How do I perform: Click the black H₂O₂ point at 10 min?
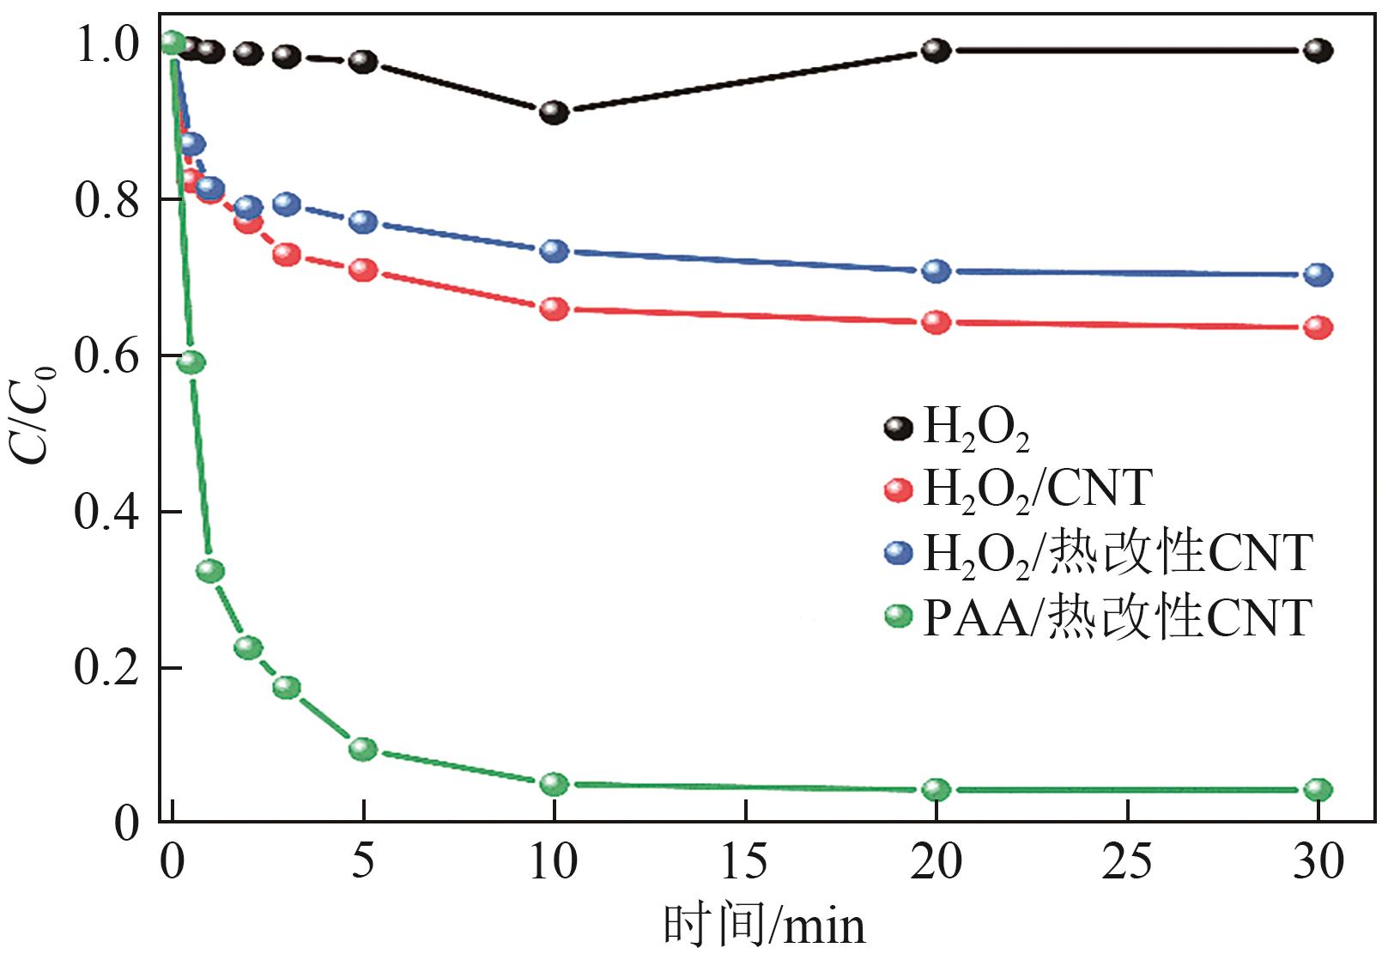click(x=555, y=112)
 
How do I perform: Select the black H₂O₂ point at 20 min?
click(x=936, y=50)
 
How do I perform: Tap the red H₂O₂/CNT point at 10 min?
click(x=555, y=309)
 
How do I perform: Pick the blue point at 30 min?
click(x=1318, y=275)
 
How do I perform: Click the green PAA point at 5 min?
click(x=364, y=749)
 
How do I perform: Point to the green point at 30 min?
click(x=1318, y=790)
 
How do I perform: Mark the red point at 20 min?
click(x=936, y=323)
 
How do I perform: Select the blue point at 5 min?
click(x=364, y=222)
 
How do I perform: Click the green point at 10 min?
click(x=555, y=784)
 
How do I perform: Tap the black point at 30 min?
click(x=1318, y=51)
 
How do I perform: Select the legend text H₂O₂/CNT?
click(x=1037, y=489)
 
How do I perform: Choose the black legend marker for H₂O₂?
click(x=898, y=427)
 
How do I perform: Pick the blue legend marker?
click(x=898, y=552)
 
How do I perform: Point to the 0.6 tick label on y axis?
click(x=106, y=356)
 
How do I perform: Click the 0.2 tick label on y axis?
click(x=106, y=668)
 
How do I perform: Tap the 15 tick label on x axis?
click(x=745, y=861)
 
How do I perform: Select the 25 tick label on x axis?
click(x=1127, y=861)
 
